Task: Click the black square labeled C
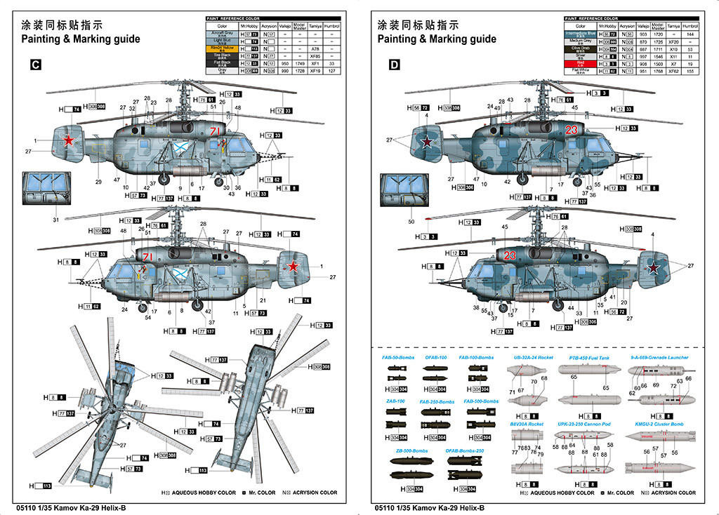click(36, 65)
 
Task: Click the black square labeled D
click(394, 65)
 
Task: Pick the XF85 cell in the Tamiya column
click(315, 56)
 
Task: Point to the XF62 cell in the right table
click(673, 71)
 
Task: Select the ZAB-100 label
click(396, 401)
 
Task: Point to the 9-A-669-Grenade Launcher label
click(659, 358)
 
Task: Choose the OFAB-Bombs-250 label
click(465, 450)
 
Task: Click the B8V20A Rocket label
click(527, 424)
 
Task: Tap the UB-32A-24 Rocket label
click(534, 358)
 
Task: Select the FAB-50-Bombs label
click(398, 358)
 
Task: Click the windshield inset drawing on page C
click(46, 190)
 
